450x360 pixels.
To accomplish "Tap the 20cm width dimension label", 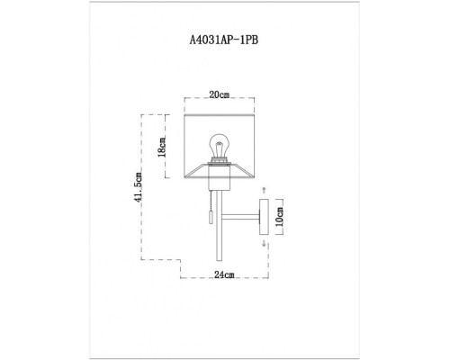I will click(217, 94).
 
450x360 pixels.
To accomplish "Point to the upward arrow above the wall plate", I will click(263, 192).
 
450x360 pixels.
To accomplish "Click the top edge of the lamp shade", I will click(216, 112).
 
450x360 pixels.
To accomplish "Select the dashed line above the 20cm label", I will click(217, 101).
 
